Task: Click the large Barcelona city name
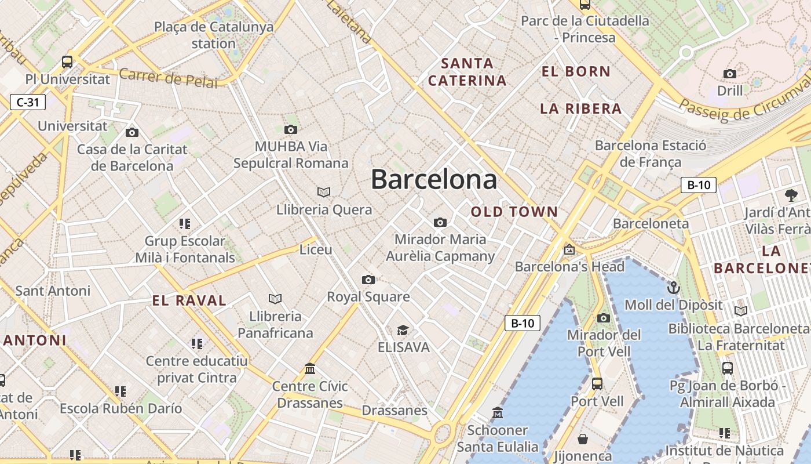coord(434,180)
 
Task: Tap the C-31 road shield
coord(28,103)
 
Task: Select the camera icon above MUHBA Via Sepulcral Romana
coord(291,129)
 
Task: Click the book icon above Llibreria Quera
coord(324,192)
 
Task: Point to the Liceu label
coord(316,250)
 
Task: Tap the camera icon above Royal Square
coord(368,280)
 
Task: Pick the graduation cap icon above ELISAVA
coord(403,331)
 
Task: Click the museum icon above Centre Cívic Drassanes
coord(310,369)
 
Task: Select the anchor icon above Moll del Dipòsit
coord(673,288)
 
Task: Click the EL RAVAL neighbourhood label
coord(189,300)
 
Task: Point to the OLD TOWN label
coord(514,212)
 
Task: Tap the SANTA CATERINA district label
coord(467,72)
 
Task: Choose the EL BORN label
coord(576,72)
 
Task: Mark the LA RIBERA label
coord(580,108)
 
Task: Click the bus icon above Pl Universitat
coord(67,61)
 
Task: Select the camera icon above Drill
coord(730,74)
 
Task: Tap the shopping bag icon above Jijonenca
coord(583,439)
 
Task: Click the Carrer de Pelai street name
coord(168,78)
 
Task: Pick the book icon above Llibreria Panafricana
coord(275,299)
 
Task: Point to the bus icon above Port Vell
coord(597,384)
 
